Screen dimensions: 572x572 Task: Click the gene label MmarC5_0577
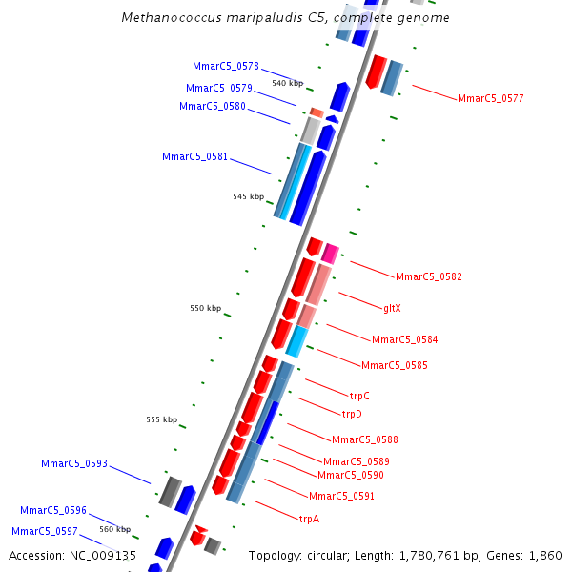point(490,98)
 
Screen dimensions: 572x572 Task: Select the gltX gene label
point(393,308)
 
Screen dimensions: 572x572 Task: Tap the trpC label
point(359,396)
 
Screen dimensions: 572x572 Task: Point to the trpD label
point(352,414)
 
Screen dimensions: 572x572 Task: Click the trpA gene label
point(309,519)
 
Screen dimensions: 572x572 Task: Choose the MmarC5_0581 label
point(194,156)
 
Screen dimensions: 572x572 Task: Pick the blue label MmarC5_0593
point(73,463)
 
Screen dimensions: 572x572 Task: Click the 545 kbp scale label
point(248,196)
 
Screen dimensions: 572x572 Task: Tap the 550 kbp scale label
point(205,308)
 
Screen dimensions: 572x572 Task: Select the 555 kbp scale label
point(161,419)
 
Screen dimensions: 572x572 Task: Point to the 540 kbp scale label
point(287,83)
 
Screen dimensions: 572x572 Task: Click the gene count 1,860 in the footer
point(544,555)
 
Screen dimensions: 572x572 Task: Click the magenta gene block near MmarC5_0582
point(330,253)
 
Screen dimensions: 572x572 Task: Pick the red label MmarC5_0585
point(394,365)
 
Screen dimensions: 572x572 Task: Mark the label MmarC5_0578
point(225,66)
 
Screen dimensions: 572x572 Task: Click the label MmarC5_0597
point(44,531)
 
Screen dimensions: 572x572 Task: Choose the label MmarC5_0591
point(341,496)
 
